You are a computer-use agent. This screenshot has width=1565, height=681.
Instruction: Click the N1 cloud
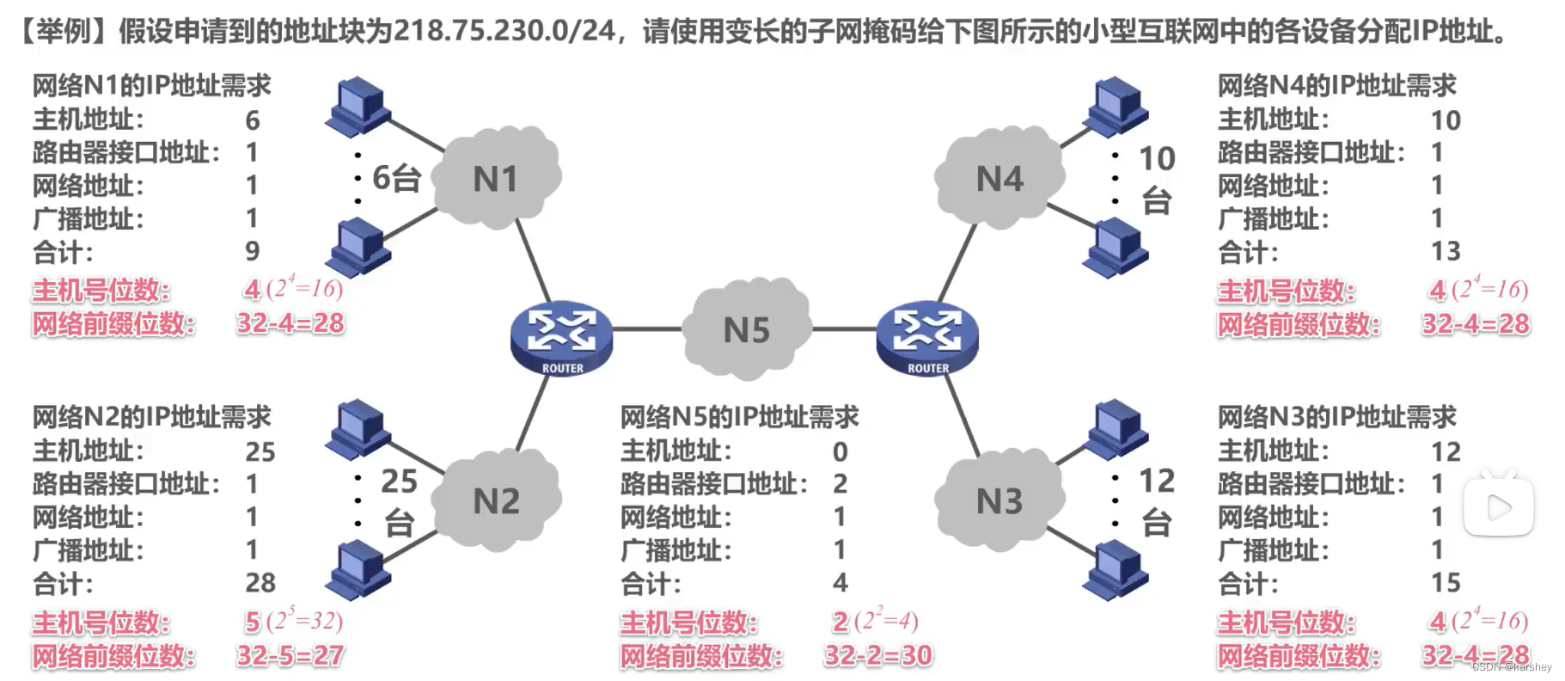(x=496, y=178)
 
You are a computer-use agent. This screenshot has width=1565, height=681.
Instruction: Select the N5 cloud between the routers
(x=746, y=329)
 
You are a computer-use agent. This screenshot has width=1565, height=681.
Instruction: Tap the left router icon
(x=561, y=337)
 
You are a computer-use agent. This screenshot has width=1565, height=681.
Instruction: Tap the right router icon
(x=927, y=337)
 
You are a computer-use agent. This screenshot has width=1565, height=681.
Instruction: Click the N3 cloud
(x=999, y=500)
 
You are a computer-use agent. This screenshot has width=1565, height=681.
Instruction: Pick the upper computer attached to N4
(x=1116, y=107)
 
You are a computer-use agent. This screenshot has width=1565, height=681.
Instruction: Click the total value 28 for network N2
(x=260, y=583)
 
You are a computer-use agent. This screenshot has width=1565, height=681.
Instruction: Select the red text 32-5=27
(x=290, y=655)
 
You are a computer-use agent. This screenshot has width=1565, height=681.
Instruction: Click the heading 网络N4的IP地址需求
(x=1336, y=85)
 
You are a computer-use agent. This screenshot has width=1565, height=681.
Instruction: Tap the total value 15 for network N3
(x=1446, y=583)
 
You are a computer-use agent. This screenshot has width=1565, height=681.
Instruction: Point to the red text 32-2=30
(x=878, y=655)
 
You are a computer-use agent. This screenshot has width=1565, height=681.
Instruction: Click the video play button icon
(x=1499, y=507)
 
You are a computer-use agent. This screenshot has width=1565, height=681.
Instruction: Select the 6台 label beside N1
(x=396, y=178)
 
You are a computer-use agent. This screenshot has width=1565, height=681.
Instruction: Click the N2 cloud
(x=496, y=500)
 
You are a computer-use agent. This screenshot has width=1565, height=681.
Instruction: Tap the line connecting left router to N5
(x=646, y=329)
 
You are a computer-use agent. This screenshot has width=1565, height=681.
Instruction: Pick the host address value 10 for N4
(x=1446, y=120)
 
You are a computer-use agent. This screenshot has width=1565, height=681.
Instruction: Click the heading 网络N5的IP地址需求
(x=739, y=417)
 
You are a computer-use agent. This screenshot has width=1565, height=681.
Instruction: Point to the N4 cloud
(x=999, y=178)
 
